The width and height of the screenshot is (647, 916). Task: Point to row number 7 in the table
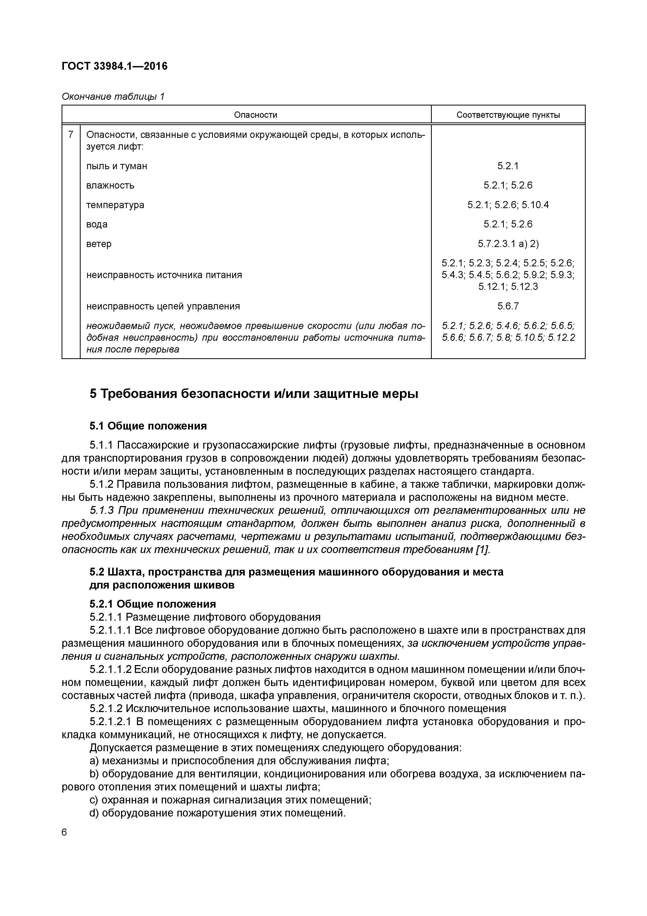pos(71,135)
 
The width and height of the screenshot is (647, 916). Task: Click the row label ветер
pos(99,244)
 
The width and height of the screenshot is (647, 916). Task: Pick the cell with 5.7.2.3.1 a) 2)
pos(508,244)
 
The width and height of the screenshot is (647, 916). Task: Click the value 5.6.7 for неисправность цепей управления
pos(508,306)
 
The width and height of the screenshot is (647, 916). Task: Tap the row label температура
pos(115,205)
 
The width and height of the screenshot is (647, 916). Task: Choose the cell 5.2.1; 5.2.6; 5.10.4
pos(508,205)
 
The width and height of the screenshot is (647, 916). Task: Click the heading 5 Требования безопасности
pos(254,394)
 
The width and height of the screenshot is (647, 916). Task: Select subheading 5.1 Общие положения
pos(148,426)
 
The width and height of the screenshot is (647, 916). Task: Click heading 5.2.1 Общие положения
pos(153,604)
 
